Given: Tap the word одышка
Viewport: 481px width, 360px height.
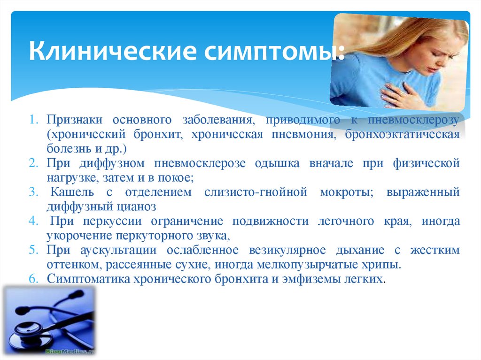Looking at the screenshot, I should [x=277, y=164].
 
